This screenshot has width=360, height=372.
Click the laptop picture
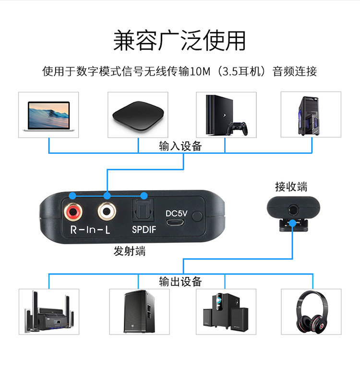(48, 115)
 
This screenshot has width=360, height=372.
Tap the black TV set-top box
(138, 116)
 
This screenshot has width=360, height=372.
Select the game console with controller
(226, 115)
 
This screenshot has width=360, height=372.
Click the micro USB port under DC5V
(175, 223)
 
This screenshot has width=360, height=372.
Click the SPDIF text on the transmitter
(144, 230)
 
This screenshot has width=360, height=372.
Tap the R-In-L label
(90, 230)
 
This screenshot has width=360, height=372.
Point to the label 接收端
(291, 186)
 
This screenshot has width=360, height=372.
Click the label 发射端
(129, 251)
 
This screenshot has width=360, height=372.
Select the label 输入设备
(180, 146)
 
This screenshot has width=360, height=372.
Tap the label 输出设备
(180, 282)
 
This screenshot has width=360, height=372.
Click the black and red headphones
(311, 313)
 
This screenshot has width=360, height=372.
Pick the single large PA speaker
(139, 312)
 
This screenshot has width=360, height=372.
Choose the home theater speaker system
(48, 312)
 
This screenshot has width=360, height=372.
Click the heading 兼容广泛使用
(180, 41)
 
